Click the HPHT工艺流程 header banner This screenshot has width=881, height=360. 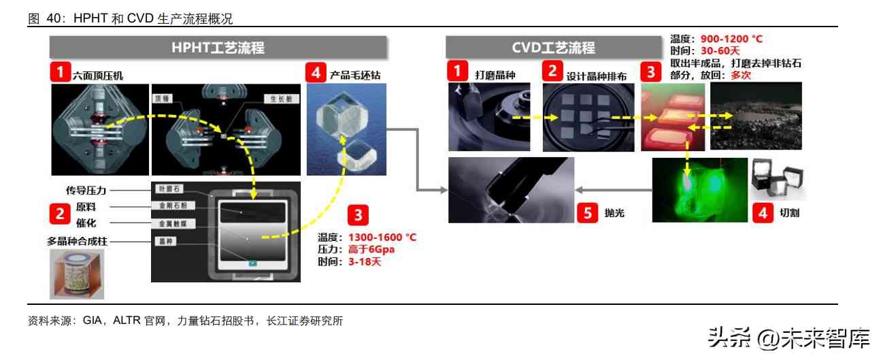coord(218,48)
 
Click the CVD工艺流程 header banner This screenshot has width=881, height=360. coord(553,48)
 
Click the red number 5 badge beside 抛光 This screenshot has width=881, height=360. coord(588,212)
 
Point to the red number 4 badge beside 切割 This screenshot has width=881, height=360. coord(762,212)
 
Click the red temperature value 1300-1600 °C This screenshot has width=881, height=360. coord(382,238)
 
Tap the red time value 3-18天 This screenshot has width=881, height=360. coord(365,262)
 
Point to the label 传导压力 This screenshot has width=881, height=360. coord(86,191)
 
